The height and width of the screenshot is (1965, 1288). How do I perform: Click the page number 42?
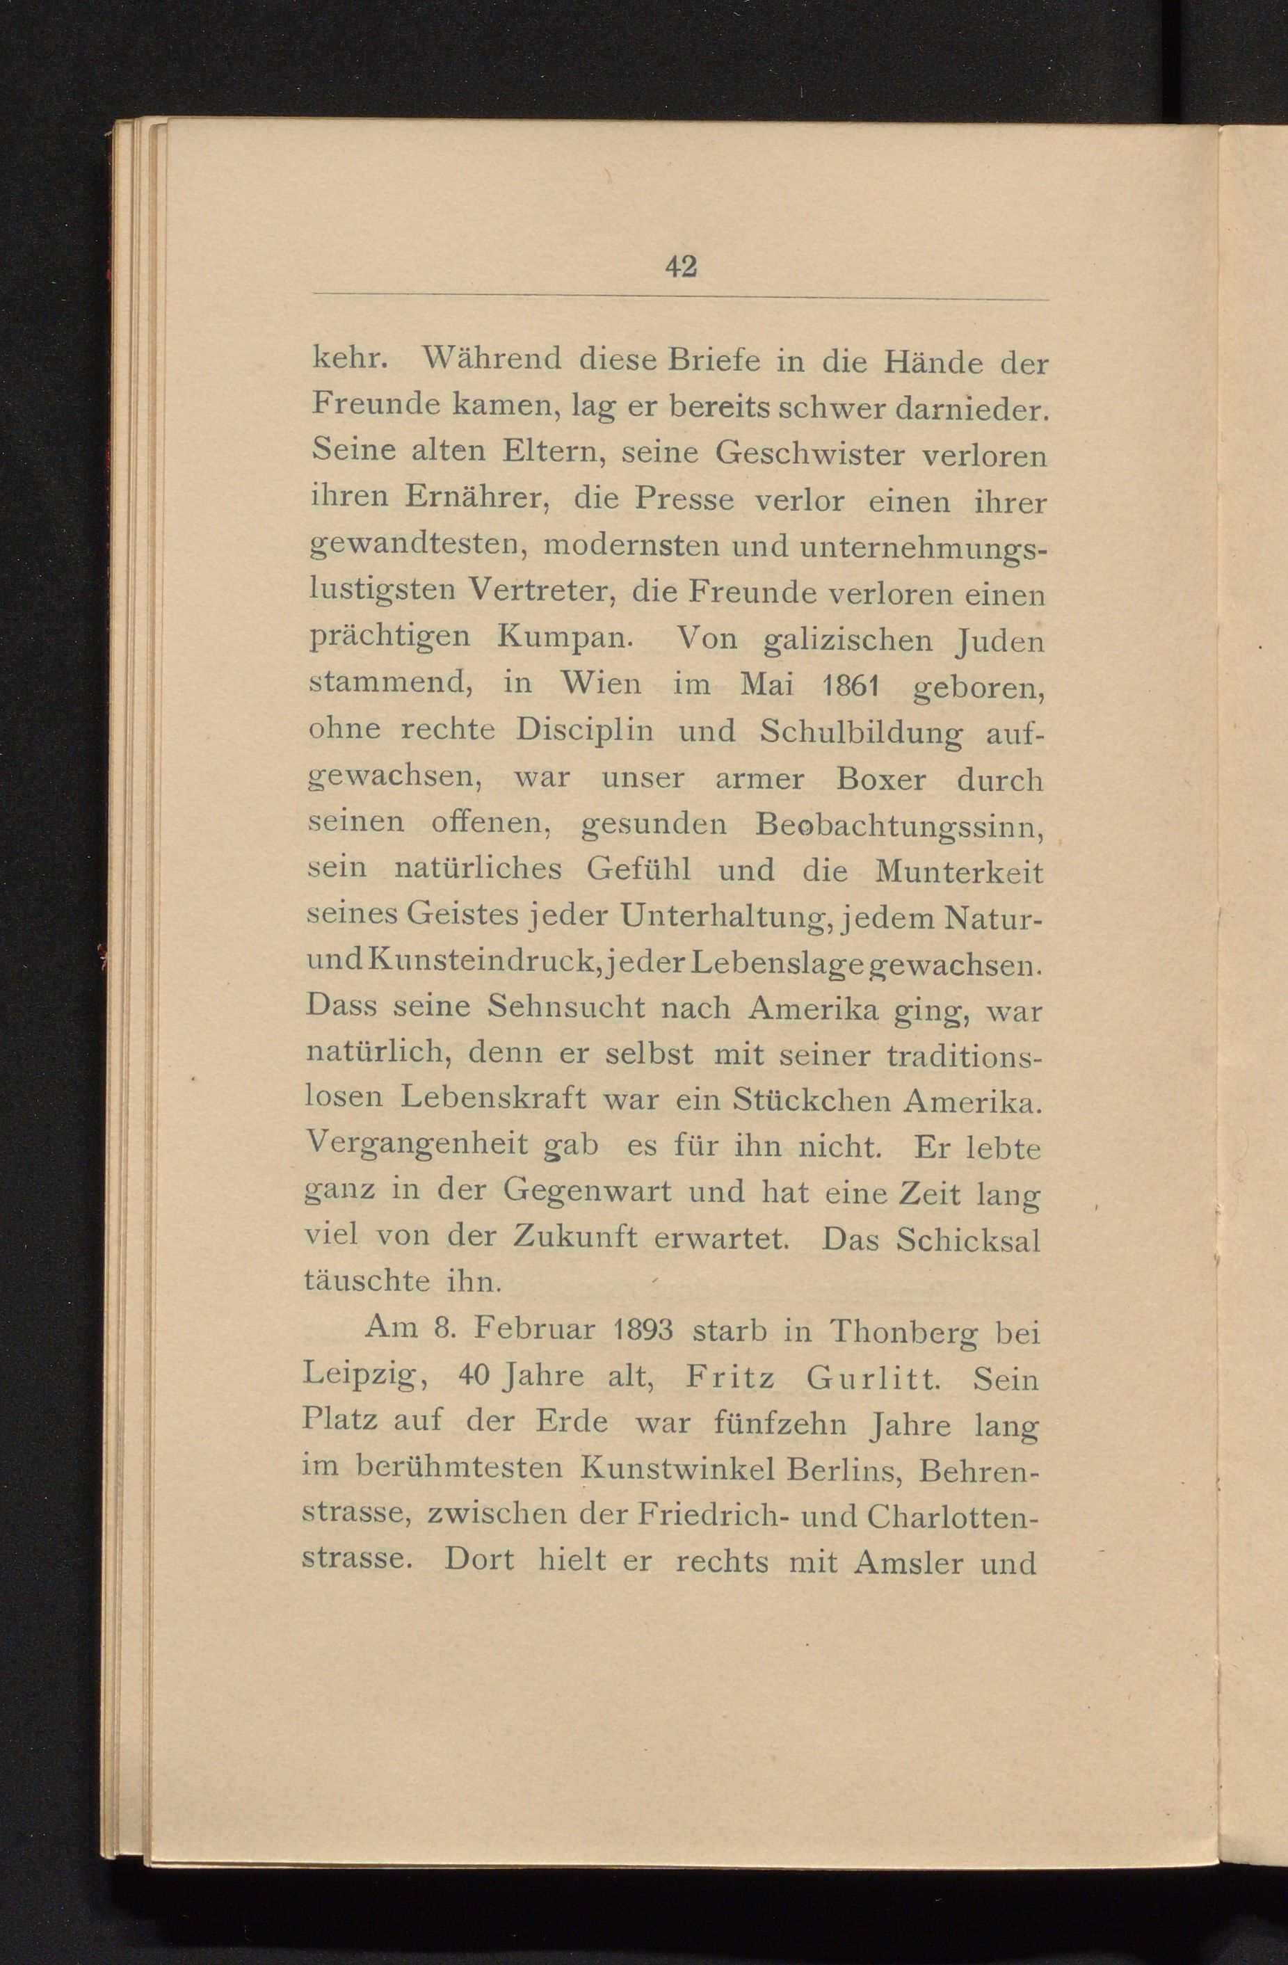point(680,266)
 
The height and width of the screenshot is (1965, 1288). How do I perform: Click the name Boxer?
point(880,778)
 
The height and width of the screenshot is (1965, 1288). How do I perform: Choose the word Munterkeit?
point(958,871)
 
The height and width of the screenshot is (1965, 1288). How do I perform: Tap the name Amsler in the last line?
point(907,1563)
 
